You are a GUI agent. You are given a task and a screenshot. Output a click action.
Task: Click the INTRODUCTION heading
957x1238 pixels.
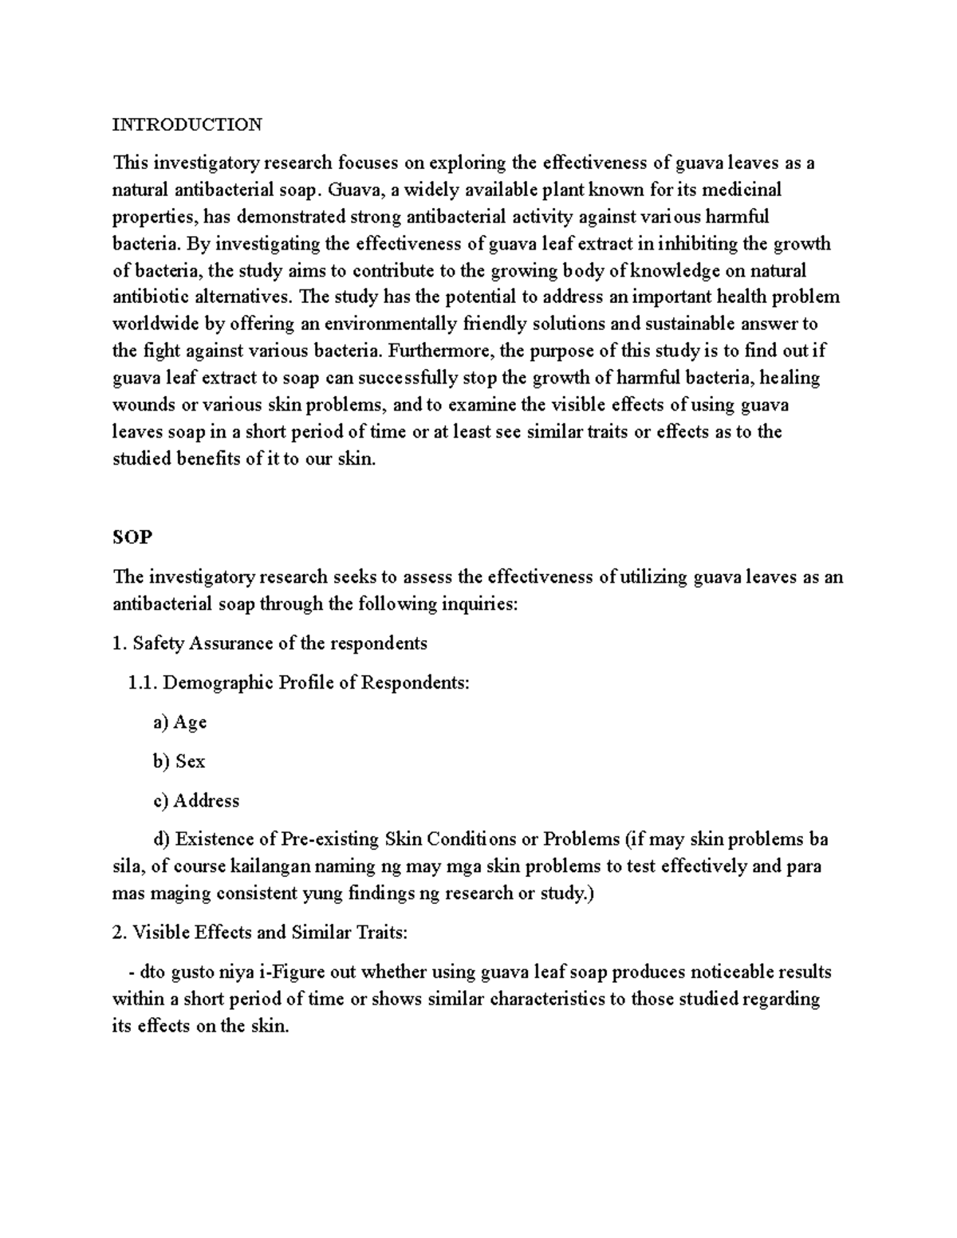[187, 124]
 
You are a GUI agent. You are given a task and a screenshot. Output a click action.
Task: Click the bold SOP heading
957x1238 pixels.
[132, 537]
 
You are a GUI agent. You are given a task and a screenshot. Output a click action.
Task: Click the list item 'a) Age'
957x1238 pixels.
[179, 722]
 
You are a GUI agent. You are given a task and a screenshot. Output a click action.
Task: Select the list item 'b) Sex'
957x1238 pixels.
[179, 761]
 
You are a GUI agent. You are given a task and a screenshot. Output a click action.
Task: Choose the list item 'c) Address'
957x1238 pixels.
[196, 800]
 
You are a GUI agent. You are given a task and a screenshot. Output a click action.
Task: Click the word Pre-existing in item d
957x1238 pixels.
[330, 839]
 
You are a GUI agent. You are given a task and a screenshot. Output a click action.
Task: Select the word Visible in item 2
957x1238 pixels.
[160, 933]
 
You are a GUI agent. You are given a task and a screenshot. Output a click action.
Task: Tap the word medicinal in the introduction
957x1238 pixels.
[742, 190]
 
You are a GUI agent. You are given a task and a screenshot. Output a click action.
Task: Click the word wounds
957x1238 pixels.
[144, 405]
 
